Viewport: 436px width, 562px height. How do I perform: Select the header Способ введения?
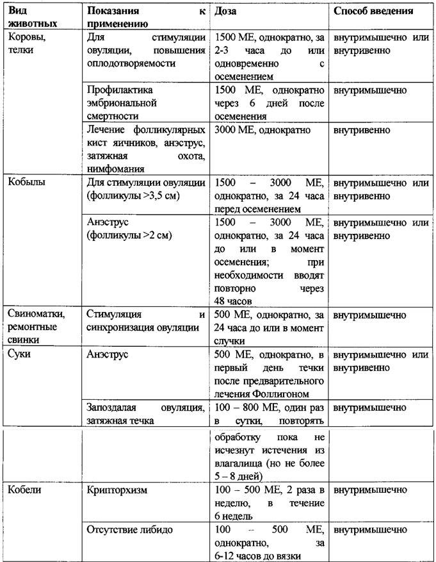click(x=374, y=12)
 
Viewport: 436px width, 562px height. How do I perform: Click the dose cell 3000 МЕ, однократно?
click(x=263, y=129)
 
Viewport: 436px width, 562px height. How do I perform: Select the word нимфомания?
click(x=115, y=168)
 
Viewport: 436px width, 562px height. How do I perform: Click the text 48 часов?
click(x=236, y=301)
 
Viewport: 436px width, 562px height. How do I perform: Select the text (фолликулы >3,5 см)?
click(x=133, y=195)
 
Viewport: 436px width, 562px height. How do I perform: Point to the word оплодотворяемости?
click(x=131, y=64)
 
